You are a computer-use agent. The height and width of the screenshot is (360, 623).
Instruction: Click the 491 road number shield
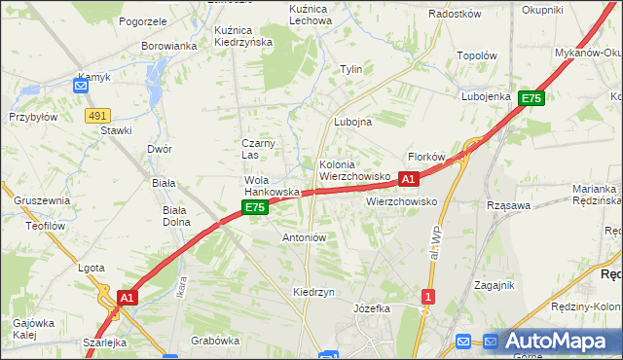96,116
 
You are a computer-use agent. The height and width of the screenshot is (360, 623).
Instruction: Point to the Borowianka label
168,46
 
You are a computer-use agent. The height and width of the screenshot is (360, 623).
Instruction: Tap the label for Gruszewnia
42,200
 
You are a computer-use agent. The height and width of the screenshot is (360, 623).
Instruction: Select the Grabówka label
215,341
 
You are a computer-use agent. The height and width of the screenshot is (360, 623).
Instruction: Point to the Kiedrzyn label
313,292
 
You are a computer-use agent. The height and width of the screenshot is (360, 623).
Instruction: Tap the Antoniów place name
303,237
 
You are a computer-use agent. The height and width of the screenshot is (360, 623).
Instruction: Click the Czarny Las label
259,149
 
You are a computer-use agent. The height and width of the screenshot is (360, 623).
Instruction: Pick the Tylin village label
350,69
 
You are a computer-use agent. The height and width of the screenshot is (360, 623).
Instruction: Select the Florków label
426,157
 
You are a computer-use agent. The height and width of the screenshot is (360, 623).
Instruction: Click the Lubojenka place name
487,97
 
